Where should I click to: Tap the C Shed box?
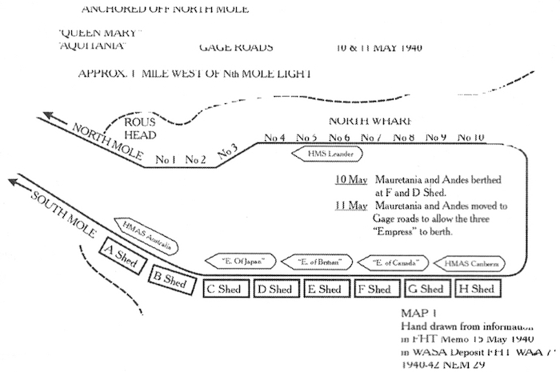(x=226, y=289)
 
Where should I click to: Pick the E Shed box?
(x=324, y=289)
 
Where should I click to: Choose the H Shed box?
(x=475, y=289)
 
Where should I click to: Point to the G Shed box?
(x=425, y=289)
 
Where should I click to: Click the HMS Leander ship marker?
(x=324, y=154)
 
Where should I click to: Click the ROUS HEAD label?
(x=143, y=128)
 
